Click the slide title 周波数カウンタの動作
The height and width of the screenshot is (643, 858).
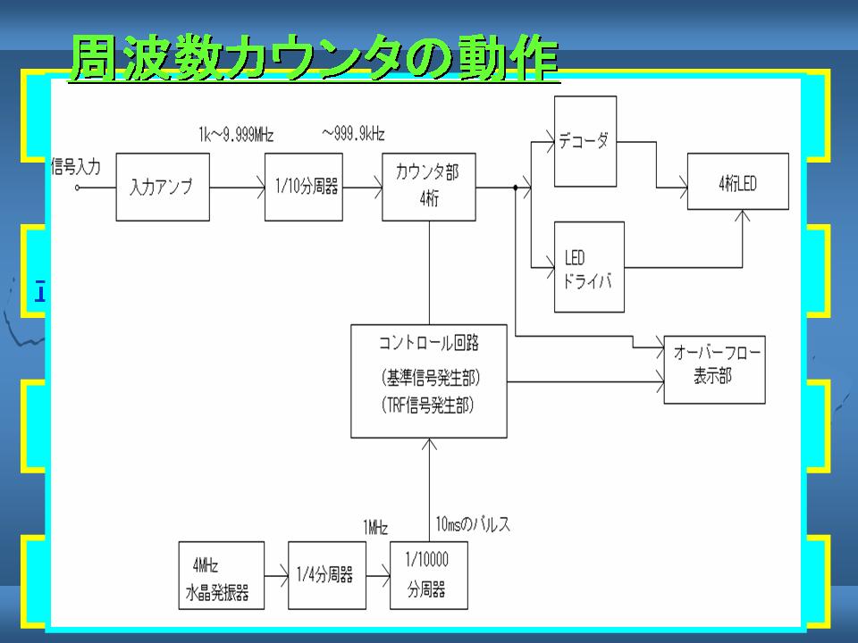(x=314, y=59)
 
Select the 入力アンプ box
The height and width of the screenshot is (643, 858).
(x=163, y=187)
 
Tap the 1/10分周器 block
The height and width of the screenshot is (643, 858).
(x=304, y=187)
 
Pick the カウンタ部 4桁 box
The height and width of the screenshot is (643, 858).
(x=428, y=187)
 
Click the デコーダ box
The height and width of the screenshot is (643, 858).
(x=585, y=142)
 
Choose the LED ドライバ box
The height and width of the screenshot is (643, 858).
(x=589, y=267)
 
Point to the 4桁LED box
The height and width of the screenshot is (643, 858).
(x=737, y=181)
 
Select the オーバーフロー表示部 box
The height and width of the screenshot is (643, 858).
(x=714, y=370)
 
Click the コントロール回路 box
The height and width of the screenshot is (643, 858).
(x=428, y=381)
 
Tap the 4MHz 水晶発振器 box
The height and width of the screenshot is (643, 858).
(x=221, y=575)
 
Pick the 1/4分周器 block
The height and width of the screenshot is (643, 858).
(x=327, y=575)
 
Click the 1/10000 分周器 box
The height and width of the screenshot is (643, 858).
(x=428, y=575)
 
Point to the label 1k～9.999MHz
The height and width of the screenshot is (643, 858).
(x=236, y=135)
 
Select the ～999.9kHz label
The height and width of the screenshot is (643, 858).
(x=354, y=134)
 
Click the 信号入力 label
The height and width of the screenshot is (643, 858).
(x=75, y=166)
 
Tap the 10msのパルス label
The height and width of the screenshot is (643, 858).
(x=473, y=524)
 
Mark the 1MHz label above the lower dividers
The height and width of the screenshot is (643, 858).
(x=375, y=528)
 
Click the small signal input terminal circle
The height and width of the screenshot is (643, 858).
(x=77, y=188)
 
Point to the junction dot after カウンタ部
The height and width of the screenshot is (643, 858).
(x=515, y=188)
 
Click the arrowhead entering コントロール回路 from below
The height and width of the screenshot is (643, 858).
(x=429, y=444)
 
